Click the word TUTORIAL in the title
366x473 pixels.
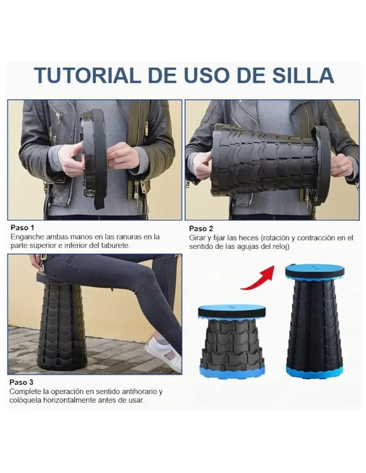pyautogui.click(x=88, y=75)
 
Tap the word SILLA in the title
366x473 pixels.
pyautogui.click(x=303, y=75)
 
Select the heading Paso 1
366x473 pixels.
pyautogui.click(x=23, y=228)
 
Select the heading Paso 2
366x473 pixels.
pyautogui.click(x=201, y=229)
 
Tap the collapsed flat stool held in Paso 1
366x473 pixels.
pyautogui.click(x=95, y=158)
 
